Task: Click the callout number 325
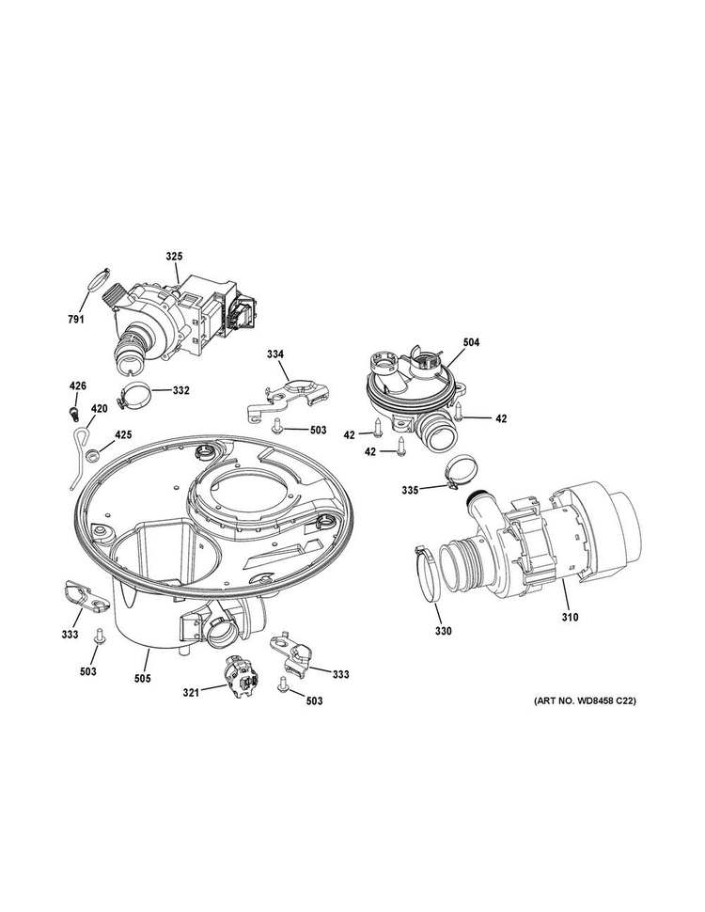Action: pos(174,256)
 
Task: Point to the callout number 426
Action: pos(78,385)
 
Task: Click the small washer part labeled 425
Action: pos(93,457)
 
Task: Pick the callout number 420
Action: pos(99,409)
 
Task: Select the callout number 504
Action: pos(470,343)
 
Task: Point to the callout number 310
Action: pos(571,618)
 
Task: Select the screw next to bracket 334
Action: pos(278,428)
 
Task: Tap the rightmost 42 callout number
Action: pos(501,418)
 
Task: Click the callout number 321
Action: pos(191,693)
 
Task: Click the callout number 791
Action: pos(76,320)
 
